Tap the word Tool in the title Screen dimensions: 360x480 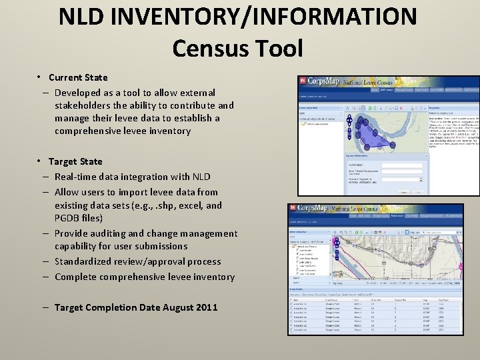(x=277, y=48)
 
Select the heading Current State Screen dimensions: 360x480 (x=77, y=77)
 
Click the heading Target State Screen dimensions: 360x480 (x=75, y=161)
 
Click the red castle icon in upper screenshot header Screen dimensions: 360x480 (x=302, y=81)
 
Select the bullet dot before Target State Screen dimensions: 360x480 (x=41, y=161)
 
